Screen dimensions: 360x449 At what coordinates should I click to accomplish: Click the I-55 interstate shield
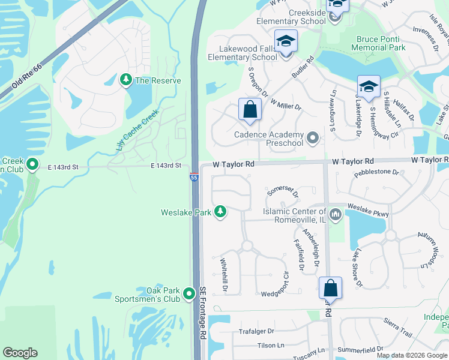(194, 177)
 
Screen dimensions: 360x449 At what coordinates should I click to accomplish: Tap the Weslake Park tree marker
(220, 212)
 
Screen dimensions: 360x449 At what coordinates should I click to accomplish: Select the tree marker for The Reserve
(126, 80)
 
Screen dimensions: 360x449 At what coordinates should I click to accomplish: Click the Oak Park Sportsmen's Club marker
(190, 293)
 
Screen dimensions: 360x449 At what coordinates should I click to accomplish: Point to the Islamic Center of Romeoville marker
(335, 214)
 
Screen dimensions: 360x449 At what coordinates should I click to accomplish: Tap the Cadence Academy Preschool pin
(312, 139)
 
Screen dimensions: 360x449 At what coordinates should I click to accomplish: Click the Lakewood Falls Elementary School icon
(286, 43)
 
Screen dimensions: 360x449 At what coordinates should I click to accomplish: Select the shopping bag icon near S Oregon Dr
(250, 110)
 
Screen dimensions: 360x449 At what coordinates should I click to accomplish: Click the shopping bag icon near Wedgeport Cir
(330, 289)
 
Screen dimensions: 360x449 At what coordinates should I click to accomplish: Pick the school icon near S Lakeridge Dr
(369, 86)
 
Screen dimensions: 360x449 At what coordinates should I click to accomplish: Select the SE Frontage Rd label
(203, 313)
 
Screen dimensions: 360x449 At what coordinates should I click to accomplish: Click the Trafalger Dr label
(256, 331)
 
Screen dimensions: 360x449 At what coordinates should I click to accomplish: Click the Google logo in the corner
(20, 353)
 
